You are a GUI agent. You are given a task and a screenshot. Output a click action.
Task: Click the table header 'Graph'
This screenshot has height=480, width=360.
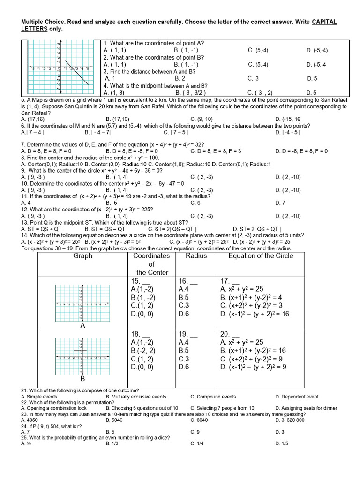click(x=83, y=256)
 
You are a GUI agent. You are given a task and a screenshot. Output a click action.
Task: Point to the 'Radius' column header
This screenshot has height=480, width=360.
click(x=196, y=256)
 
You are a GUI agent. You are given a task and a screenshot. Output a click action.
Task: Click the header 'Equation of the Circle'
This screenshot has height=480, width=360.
click(x=261, y=256)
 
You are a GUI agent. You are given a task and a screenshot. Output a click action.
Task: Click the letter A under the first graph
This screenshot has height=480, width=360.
click(x=82, y=325)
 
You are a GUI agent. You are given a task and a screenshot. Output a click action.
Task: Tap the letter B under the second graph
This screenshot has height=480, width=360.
click(x=82, y=378)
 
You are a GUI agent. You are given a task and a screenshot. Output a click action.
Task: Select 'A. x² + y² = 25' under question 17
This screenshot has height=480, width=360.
click(x=243, y=289)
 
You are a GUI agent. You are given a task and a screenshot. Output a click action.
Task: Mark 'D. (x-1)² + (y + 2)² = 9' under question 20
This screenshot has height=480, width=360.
click(x=253, y=367)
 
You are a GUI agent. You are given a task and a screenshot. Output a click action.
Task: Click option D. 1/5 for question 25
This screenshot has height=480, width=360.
click(x=282, y=443)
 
